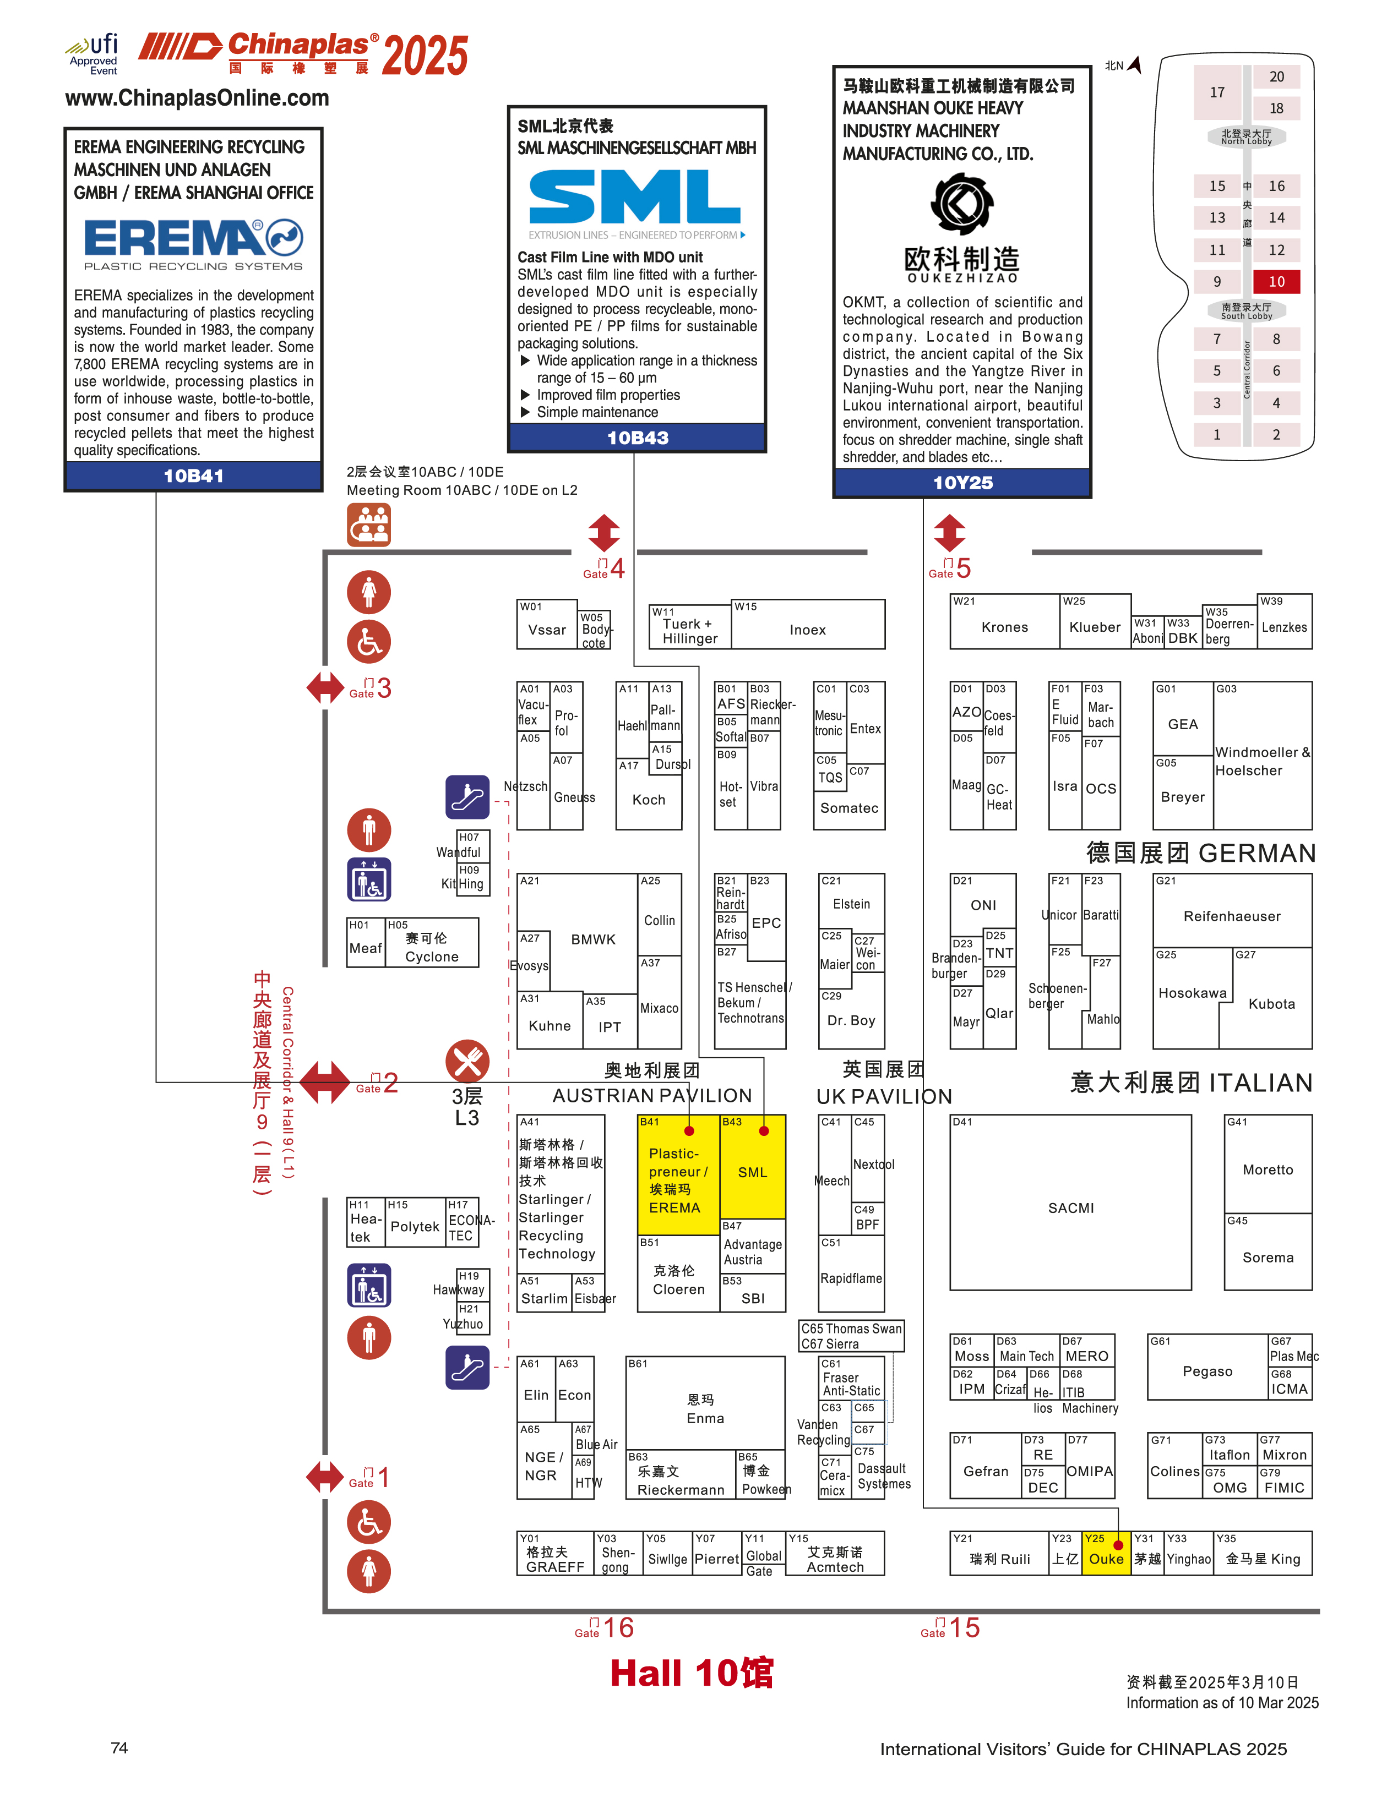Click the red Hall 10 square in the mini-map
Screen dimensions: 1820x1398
pos(1276,281)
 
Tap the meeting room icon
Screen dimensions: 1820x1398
pos(369,525)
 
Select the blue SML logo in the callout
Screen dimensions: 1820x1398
pos(635,197)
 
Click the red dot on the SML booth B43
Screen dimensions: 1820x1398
pos(764,1130)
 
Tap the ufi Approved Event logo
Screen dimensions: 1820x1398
pos(93,53)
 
